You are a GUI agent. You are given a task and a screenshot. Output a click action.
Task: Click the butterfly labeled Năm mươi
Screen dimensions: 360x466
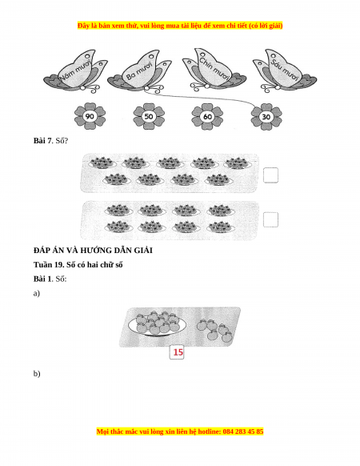75,72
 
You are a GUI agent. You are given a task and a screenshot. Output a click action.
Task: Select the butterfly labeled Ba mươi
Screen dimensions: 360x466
139,71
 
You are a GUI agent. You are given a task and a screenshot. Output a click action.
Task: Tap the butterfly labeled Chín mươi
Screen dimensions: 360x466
214,70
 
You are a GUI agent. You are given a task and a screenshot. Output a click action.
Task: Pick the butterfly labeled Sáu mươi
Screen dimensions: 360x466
285,71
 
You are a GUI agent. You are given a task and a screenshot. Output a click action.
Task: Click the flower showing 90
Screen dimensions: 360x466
90,116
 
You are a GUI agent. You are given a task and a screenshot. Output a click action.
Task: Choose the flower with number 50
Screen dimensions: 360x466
149,116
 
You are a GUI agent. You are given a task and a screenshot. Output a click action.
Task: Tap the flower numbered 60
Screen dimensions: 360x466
207,116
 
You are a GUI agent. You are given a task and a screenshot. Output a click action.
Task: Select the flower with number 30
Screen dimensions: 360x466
266,116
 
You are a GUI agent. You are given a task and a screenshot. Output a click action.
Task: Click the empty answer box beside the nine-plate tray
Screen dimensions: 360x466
270,175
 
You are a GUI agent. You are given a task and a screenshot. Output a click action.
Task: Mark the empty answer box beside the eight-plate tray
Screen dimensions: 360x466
270,219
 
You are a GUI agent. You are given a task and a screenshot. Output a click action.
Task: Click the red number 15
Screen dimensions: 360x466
178,352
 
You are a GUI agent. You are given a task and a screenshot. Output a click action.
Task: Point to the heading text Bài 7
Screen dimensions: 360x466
42,141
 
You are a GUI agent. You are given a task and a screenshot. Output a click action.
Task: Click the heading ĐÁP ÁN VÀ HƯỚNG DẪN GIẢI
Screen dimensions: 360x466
93,251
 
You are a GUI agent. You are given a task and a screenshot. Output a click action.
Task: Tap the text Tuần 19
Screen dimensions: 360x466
49,265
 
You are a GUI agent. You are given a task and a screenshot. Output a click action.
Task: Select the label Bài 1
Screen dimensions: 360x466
42,279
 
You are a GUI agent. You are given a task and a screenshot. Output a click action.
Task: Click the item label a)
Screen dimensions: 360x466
37,294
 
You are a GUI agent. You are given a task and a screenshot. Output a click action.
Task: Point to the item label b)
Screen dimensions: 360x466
37,374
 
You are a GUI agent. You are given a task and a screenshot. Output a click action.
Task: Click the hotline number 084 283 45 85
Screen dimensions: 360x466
243,432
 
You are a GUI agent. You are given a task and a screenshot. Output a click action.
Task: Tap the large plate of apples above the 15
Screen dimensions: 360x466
158,324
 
